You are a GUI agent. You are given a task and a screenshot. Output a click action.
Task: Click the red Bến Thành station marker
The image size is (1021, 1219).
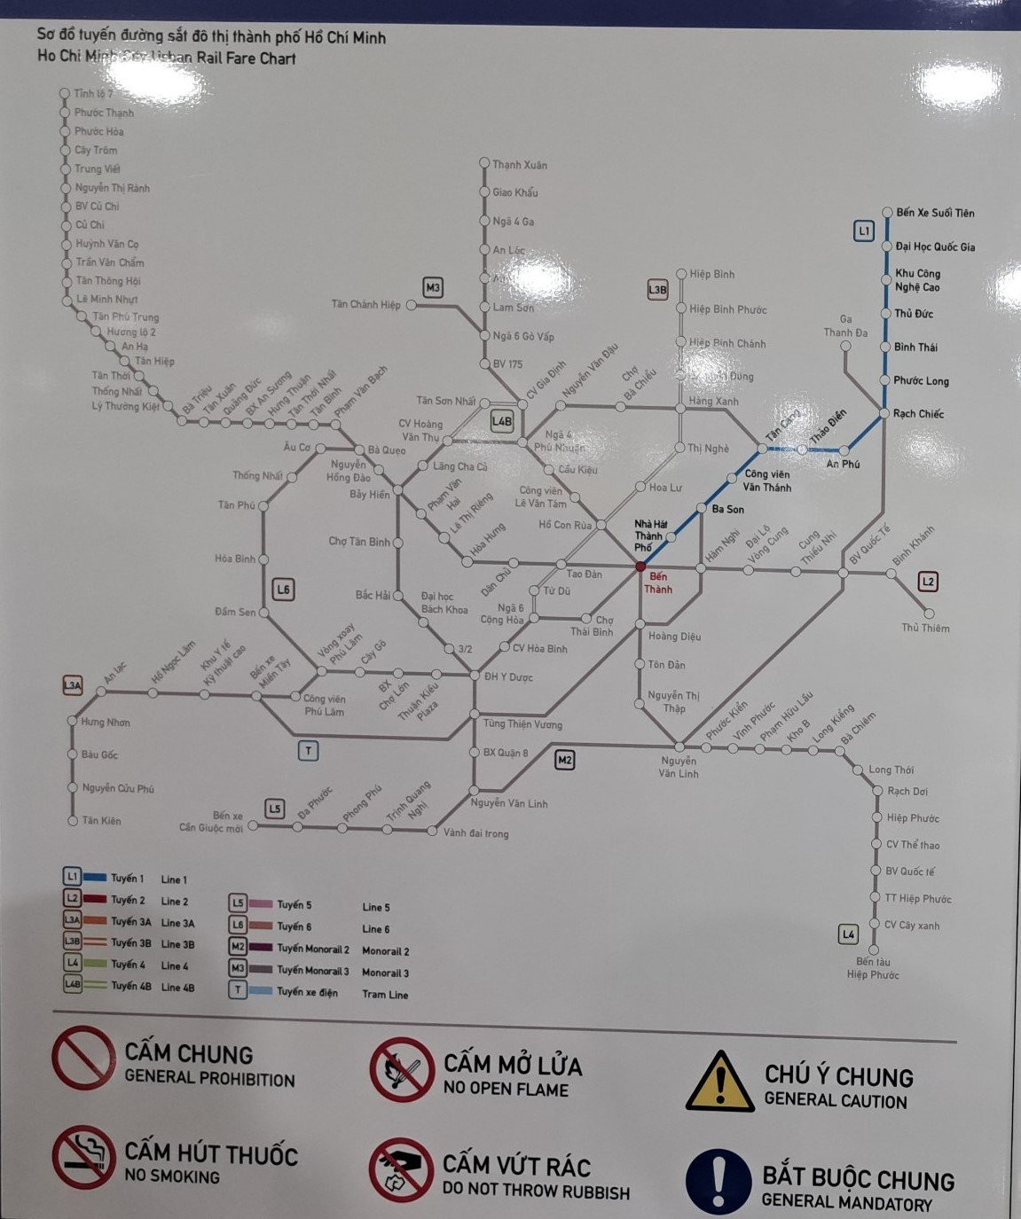pyautogui.click(x=640, y=566)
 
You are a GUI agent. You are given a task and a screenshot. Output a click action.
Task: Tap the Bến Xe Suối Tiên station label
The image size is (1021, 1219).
pyautogui.click(x=934, y=213)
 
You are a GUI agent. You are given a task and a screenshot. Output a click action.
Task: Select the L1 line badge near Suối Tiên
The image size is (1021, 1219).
pyautogui.click(x=864, y=231)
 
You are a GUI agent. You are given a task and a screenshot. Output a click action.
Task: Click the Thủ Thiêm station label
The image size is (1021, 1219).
pyautogui.click(x=925, y=629)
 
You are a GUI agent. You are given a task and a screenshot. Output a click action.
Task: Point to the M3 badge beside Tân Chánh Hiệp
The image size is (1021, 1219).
pyautogui.click(x=432, y=288)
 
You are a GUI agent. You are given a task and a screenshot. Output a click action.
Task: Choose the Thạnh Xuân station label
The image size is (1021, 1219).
pyautogui.click(x=520, y=165)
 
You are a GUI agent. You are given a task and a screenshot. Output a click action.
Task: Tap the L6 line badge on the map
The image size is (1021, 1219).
pyautogui.click(x=283, y=590)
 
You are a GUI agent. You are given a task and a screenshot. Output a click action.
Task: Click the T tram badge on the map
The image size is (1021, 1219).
pyautogui.click(x=308, y=751)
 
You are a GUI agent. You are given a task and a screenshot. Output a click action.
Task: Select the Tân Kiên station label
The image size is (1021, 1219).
pyautogui.click(x=101, y=821)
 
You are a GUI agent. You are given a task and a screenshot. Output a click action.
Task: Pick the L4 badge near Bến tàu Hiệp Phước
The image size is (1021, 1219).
pyautogui.click(x=849, y=934)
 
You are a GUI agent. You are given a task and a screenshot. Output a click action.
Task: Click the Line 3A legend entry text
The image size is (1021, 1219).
pyautogui.click(x=177, y=923)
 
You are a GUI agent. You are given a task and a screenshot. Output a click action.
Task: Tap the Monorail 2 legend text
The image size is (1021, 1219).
pyautogui.click(x=385, y=951)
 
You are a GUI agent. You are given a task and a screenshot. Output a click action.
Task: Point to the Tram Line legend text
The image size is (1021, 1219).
pyautogui.click(x=385, y=995)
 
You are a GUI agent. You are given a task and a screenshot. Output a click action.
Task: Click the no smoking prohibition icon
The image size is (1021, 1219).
pyautogui.click(x=83, y=1157)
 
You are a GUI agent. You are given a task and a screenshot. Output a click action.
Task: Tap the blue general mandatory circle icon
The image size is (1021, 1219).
pyautogui.click(x=719, y=1181)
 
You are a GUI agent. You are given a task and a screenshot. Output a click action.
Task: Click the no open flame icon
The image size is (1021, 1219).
pyautogui.click(x=402, y=1069)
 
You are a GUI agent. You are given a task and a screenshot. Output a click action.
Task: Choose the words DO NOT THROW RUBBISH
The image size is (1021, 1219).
pyautogui.click(x=536, y=1192)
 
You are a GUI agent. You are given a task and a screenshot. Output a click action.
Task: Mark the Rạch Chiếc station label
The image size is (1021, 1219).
pyautogui.click(x=918, y=414)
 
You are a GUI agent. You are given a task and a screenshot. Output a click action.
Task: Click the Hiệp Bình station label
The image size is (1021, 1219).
pyautogui.click(x=711, y=275)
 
